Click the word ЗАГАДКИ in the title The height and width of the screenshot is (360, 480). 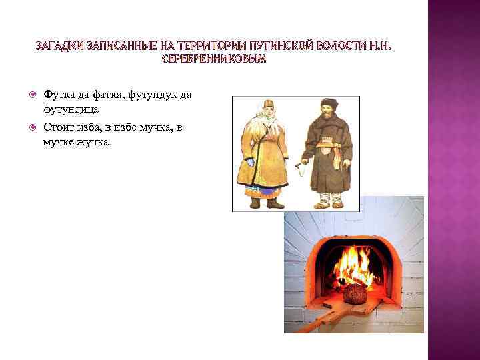click(59, 45)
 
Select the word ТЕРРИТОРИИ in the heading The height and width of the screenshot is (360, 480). click(210, 45)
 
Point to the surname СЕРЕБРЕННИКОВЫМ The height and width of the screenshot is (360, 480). click(214, 59)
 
